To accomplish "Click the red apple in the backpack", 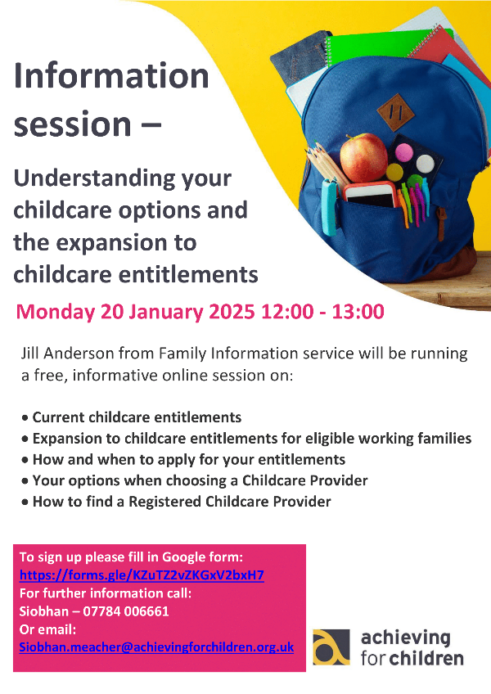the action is coord(363,157).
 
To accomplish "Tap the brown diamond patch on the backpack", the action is coord(396,112).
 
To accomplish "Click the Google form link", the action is coord(142,575).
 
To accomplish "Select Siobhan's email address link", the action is coord(156,647).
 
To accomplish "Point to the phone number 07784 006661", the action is coord(126,611).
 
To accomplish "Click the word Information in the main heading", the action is coord(111,76).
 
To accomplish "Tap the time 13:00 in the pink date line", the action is coord(358,312).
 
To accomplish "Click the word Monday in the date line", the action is coord(55,312).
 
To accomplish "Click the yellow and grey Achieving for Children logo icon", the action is coord(331,647).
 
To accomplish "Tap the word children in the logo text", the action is coord(426,658).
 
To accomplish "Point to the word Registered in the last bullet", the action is coord(164,502).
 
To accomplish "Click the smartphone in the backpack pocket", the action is coord(370,195).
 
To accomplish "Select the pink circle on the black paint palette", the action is coord(403,152).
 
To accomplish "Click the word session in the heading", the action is coord(72,124).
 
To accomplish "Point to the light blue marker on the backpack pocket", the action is coord(330,207).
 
